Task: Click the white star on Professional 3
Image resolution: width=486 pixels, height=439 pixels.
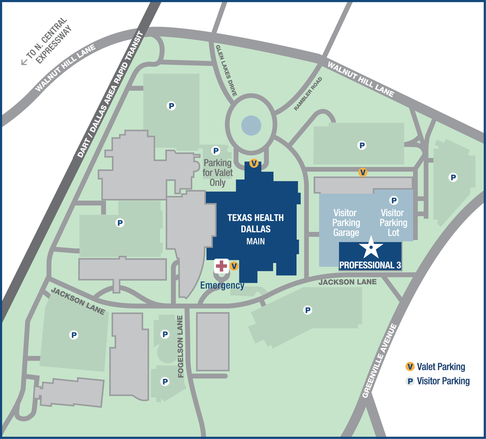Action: tap(371, 248)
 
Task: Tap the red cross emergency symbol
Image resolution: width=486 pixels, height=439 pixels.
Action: tap(221, 266)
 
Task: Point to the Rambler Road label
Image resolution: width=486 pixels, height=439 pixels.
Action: tap(308, 94)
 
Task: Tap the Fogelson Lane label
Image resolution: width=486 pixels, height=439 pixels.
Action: tap(181, 346)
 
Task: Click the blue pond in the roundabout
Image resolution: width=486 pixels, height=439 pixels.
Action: tap(251, 125)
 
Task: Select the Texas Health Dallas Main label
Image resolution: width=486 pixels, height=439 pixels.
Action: tap(256, 229)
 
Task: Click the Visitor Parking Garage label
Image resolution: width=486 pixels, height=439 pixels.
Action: tap(347, 223)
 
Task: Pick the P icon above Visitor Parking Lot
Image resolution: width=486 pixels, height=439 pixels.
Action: tap(394, 200)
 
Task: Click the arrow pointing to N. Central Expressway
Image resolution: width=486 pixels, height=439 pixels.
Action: tap(24, 62)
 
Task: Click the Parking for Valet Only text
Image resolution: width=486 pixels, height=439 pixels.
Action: tap(217, 172)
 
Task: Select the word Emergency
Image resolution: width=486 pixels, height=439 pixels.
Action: tap(222, 286)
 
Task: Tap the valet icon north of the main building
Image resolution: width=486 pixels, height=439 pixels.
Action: tap(254, 163)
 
